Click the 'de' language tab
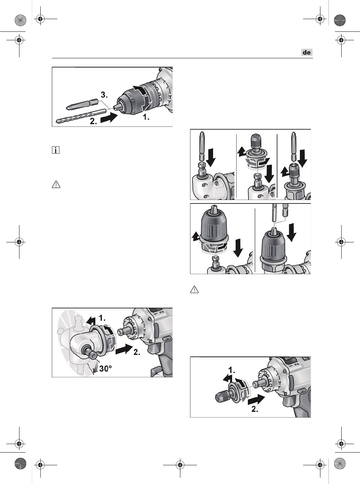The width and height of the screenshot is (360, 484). pyautogui.click(x=307, y=52)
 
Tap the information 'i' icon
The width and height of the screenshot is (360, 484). pyautogui.click(x=56, y=150)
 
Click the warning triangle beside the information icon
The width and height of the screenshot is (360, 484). pyautogui.click(x=56, y=184)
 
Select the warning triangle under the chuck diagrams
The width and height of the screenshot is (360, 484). pyautogui.click(x=194, y=289)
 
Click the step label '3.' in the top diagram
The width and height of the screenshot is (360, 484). pyautogui.click(x=104, y=95)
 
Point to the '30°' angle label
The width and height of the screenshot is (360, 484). pyautogui.click(x=105, y=368)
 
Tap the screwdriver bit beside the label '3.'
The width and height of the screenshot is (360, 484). pyautogui.click(x=82, y=104)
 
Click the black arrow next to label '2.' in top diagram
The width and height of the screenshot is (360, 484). pyautogui.click(x=109, y=118)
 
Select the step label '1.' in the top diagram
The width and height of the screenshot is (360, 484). pyautogui.click(x=146, y=117)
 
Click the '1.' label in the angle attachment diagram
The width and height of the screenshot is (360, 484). pyautogui.click(x=102, y=318)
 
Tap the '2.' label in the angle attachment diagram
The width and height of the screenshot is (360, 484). pyautogui.click(x=137, y=352)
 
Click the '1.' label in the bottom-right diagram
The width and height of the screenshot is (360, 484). pyautogui.click(x=232, y=370)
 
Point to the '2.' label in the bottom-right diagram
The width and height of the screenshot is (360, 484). pyautogui.click(x=255, y=409)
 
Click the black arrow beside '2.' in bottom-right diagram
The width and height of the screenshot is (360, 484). pyautogui.click(x=256, y=400)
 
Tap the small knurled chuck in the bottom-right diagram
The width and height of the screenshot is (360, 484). pyautogui.click(x=222, y=395)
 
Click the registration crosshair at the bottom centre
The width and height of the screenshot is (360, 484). pyautogui.click(x=180, y=465)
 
